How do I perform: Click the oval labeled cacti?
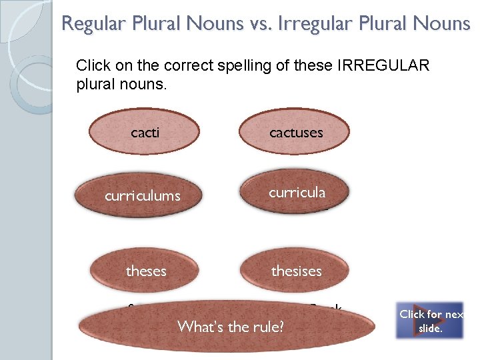coord(145,132)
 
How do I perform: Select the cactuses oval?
coord(296,132)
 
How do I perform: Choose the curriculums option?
coord(143,196)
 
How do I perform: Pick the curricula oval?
coord(297,193)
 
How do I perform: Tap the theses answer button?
coord(146,271)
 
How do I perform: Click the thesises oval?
coord(296,271)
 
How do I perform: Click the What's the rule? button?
coord(230,327)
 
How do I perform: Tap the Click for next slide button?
coord(430,321)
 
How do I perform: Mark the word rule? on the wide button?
coord(267,327)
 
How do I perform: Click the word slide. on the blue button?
coord(430,328)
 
